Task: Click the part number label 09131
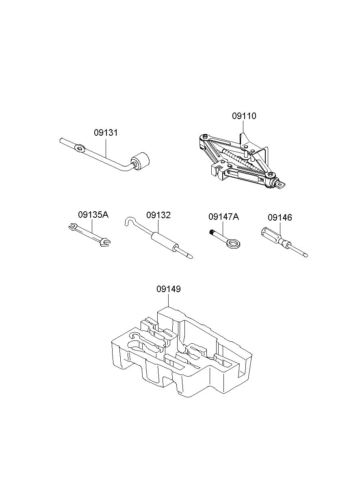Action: coord(106,133)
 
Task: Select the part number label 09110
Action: coord(244,116)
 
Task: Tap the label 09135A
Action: coord(93,215)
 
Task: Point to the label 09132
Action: coord(158,215)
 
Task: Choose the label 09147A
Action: coord(223,217)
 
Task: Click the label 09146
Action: coord(280,217)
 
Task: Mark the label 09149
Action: coord(169,289)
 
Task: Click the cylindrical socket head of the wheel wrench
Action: coord(140,161)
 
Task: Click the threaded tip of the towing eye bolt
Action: coord(212,232)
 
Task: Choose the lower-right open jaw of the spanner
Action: coord(105,242)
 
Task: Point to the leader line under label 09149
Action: coord(169,300)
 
